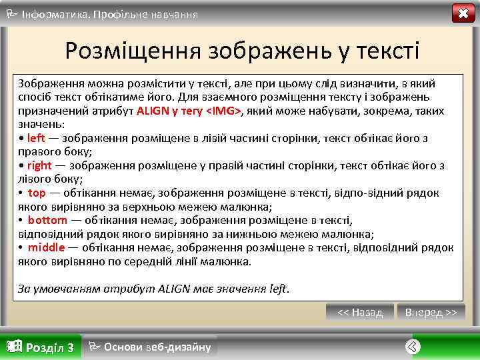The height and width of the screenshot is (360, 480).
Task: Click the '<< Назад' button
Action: pos(360,312)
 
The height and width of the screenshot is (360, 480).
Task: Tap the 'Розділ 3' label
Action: pos(49,347)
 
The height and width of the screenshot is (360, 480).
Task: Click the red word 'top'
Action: pos(37,193)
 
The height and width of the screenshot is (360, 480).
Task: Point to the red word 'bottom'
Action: pos(47,220)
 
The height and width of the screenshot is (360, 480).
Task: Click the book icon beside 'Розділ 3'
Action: pos(13,347)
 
